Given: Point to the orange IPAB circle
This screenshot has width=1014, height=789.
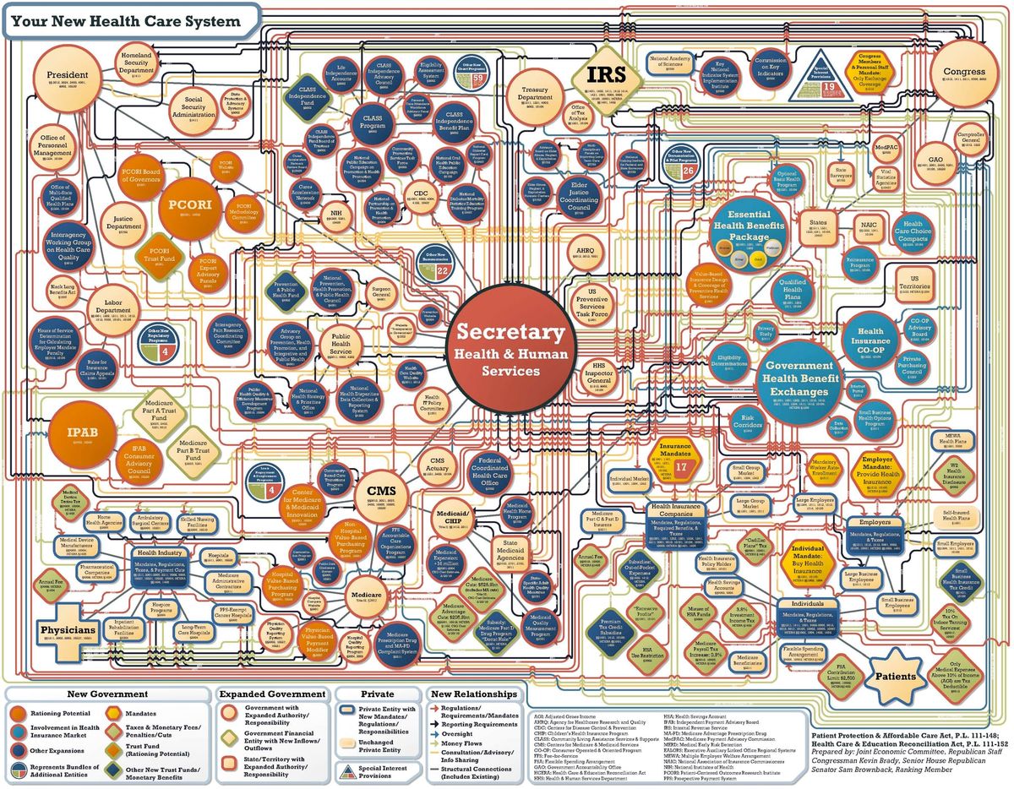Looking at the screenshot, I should coord(84,433).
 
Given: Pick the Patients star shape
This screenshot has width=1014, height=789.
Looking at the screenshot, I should coord(895,676).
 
